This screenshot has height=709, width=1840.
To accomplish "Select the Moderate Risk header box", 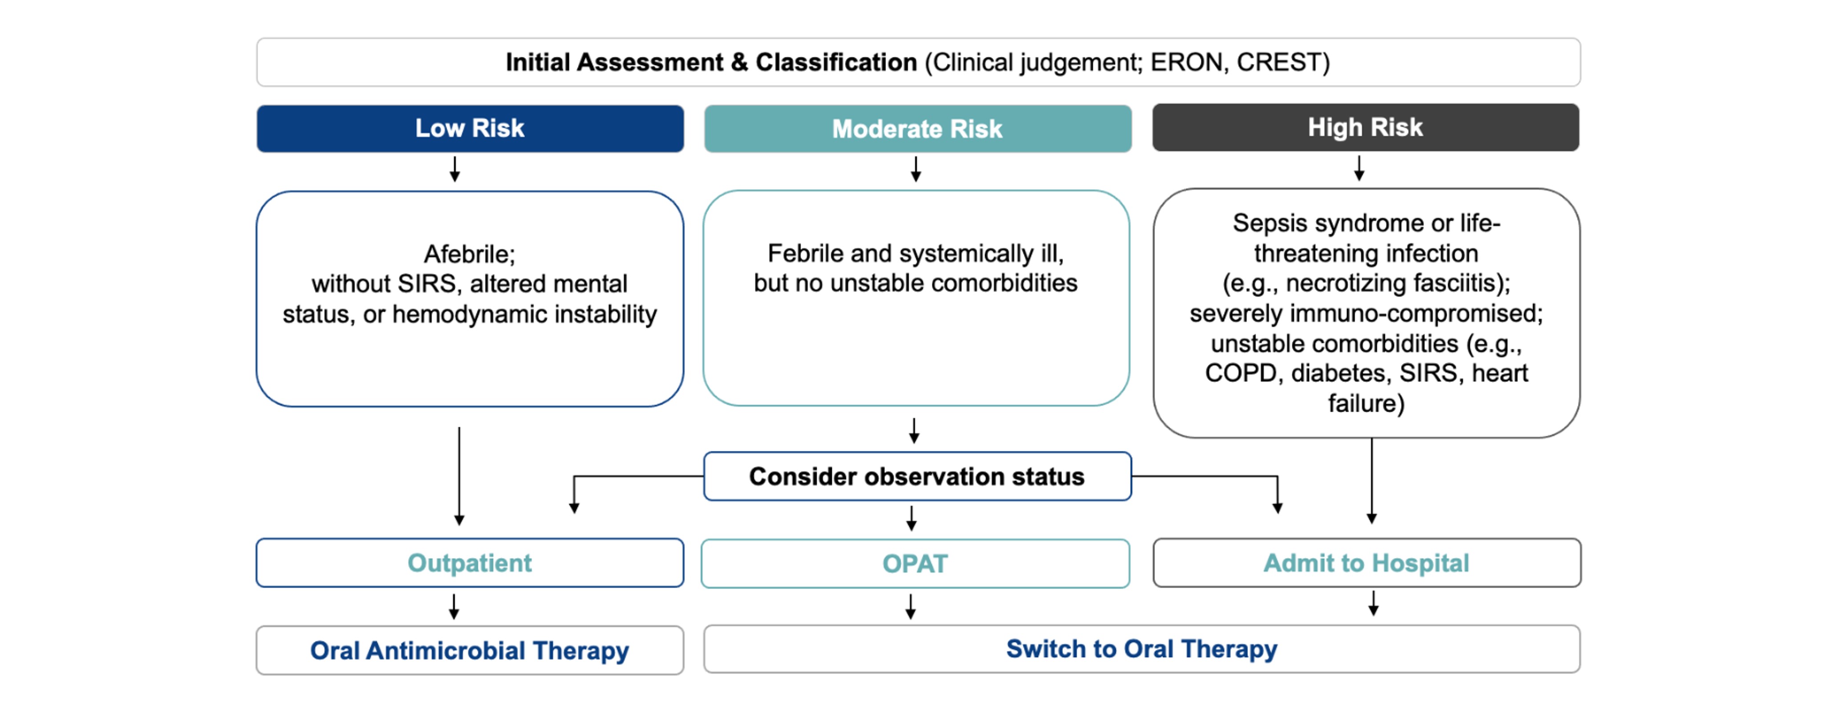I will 917,129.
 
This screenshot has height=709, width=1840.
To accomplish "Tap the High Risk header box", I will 1365,127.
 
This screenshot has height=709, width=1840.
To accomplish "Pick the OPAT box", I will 915,564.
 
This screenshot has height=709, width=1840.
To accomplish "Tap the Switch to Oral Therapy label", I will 1141,649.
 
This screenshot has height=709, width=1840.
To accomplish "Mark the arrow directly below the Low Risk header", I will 454,169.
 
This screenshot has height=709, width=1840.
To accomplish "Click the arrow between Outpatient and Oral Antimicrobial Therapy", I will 454,606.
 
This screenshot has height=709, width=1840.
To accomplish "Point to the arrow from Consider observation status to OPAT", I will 912,518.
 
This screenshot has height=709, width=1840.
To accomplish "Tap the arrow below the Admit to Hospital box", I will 1373,603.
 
